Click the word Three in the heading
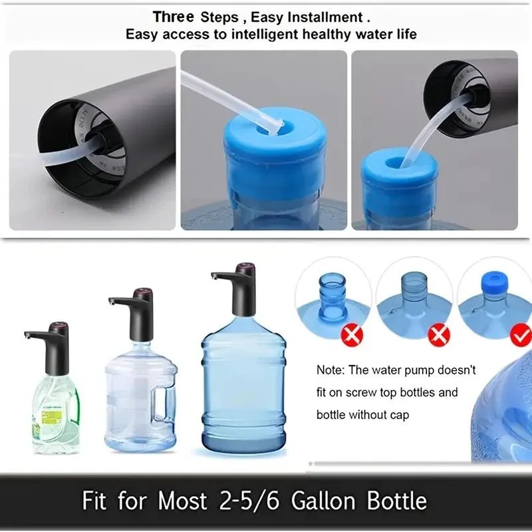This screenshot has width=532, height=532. point(174,16)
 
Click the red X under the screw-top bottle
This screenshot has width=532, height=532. point(351,335)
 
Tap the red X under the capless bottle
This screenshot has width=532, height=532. point(438,335)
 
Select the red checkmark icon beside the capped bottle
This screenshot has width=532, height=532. point(520,335)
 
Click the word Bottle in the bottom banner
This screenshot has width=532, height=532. point(392,500)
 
